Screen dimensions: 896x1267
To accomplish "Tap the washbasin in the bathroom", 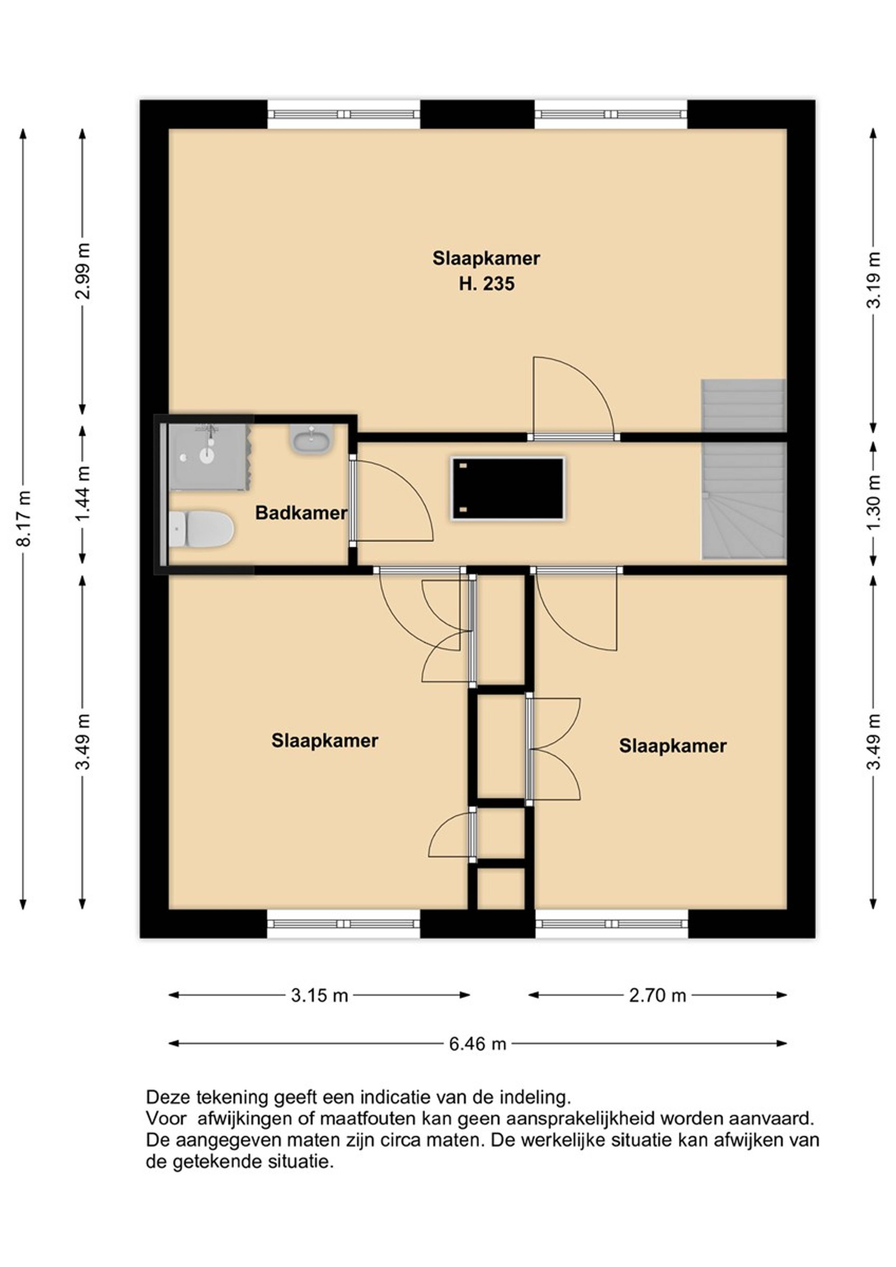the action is coord(311,439).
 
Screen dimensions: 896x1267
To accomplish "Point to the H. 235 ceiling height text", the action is coord(486,284).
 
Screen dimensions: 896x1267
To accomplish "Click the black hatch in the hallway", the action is coord(508,488).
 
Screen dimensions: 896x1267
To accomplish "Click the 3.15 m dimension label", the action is coord(320,996).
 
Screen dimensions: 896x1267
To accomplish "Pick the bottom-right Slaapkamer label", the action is coord(672,746).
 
